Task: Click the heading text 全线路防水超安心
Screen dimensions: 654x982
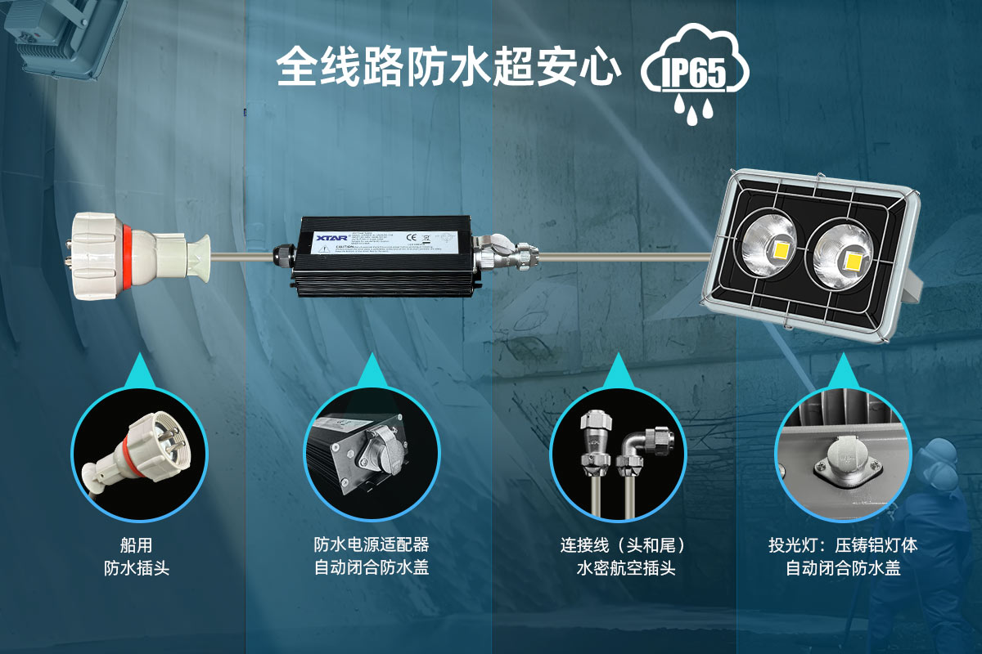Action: (x=446, y=67)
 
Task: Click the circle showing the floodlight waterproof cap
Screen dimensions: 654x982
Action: (x=842, y=455)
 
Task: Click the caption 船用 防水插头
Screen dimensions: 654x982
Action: (x=136, y=556)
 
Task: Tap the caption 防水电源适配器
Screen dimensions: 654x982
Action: (x=372, y=544)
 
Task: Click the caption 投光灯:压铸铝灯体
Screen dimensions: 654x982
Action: (x=842, y=545)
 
